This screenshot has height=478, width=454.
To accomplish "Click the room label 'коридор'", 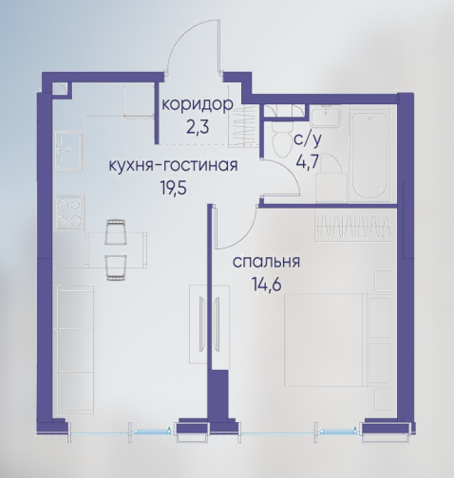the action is (x=198, y=105).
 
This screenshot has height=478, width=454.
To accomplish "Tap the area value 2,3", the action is (x=198, y=127).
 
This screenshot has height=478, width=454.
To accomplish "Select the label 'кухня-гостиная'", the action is (x=173, y=165).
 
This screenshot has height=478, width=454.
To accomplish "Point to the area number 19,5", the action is (x=174, y=188).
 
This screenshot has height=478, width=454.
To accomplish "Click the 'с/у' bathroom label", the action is (x=308, y=139).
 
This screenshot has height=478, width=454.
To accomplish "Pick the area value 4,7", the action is (x=307, y=162).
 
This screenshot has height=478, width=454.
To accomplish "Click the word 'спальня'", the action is (x=266, y=262).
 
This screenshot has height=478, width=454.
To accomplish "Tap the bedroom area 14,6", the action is (x=267, y=285).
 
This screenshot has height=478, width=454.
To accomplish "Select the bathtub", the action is (x=370, y=156).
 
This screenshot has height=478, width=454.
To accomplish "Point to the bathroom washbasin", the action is (x=326, y=116).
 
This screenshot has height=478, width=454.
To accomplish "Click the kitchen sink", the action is (x=69, y=150).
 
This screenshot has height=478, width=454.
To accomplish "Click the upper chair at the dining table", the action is (x=115, y=231).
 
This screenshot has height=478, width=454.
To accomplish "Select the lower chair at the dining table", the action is (x=115, y=267).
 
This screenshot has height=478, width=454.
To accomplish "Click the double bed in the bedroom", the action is (x=326, y=340).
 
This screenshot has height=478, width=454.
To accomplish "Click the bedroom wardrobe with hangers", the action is (x=352, y=227).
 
